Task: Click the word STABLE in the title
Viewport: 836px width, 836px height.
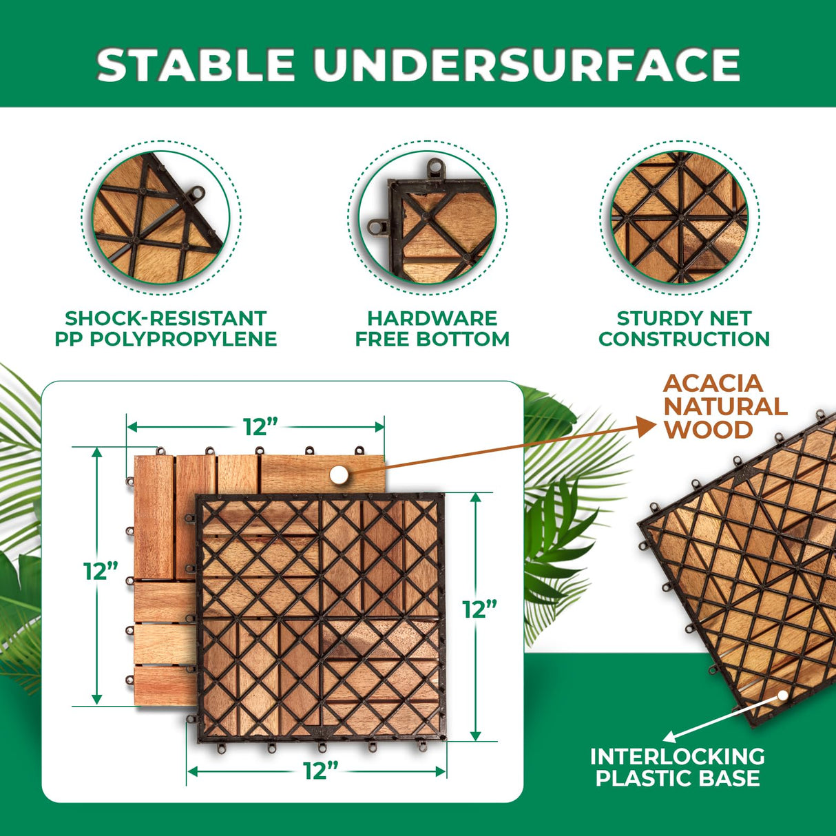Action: tap(196, 65)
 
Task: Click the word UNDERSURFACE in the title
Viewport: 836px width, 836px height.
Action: tap(527, 65)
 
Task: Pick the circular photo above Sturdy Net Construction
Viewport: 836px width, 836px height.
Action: tap(680, 216)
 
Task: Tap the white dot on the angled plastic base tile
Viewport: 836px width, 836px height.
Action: tap(782, 696)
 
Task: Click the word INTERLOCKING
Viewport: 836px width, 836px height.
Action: tap(678, 756)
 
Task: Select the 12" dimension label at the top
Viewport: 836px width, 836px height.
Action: tap(260, 427)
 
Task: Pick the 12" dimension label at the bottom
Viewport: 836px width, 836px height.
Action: tap(320, 771)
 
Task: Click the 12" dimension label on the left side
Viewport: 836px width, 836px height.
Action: tap(101, 571)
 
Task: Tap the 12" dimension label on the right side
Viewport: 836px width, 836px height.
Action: tap(479, 609)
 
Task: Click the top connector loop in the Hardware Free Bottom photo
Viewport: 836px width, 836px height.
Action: tap(435, 166)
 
